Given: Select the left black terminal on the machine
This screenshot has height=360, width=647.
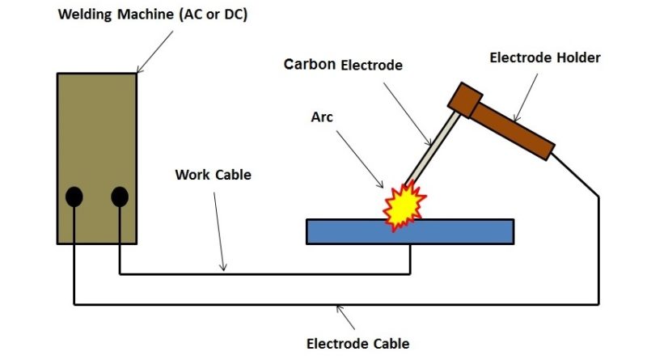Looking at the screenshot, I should [x=74, y=197].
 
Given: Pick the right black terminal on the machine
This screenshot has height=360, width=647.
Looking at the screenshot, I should [x=120, y=197].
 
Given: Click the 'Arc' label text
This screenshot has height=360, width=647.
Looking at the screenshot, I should [x=322, y=117].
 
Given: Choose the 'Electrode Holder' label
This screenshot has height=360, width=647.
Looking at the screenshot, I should [x=545, y=57].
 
